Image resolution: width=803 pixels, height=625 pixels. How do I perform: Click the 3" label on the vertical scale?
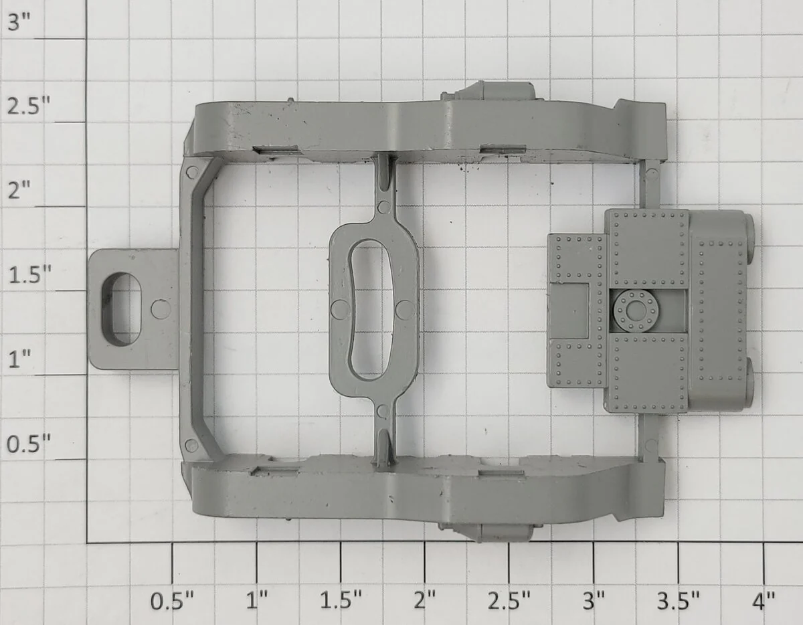coord(19,23)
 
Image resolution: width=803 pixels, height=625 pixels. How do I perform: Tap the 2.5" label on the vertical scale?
coord(29,106)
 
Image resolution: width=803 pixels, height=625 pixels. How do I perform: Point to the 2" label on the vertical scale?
coord(19,191)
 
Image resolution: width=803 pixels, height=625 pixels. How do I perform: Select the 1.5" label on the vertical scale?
coord(29,275)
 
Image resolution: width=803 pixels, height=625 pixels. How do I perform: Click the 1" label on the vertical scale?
coord(19,359)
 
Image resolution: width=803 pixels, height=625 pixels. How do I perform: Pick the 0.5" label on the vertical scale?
coord(29,444)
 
